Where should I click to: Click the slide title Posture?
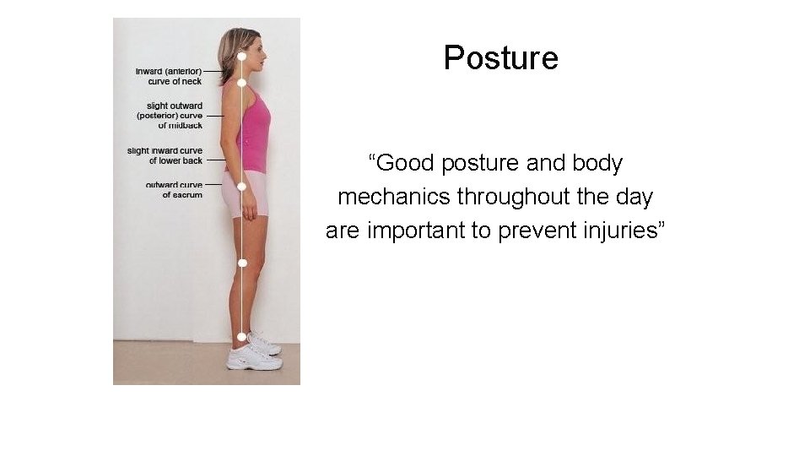coord(500,58)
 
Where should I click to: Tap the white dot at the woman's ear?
coord(241,57)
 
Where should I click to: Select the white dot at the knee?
coord(242,263)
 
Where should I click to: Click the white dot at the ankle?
coord(242,336)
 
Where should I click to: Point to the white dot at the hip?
coord(241,186)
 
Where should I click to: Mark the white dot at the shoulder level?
coord(241,83)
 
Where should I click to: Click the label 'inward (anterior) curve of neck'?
coord(169,77)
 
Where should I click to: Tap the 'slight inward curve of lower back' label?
coord(165,155)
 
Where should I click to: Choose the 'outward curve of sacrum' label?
coord(174,190)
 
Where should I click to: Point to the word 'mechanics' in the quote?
coord(394,197)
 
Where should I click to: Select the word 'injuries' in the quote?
coord(621,231)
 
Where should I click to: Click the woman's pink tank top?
coord(252,131)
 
